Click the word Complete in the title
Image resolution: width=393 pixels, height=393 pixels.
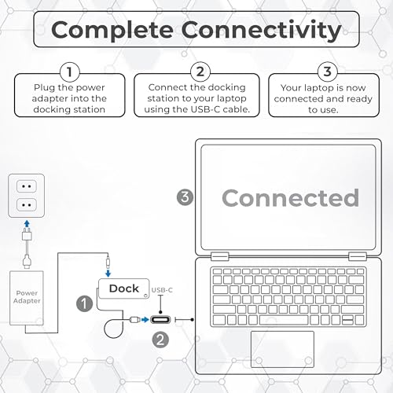click(112, 31)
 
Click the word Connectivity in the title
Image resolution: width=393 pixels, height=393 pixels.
click(261, 31)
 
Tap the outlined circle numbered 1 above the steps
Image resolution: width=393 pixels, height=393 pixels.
click(70, 72)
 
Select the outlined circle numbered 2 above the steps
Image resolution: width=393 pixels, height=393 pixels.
click(200, 72)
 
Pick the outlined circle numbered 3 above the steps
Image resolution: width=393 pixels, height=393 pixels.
click(328, 72)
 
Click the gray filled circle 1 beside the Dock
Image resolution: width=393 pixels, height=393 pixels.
click(84, 303)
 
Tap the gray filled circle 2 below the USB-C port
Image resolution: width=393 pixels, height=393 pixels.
click(160, 340)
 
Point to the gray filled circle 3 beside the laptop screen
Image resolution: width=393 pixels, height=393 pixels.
click(185, 197)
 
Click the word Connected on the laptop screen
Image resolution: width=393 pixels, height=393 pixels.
click(290, 198)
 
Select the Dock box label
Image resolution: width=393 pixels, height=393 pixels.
click(124, 288)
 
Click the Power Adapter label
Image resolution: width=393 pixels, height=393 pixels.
click(27, 297)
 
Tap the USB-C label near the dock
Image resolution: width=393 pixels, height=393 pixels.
click(162, 290)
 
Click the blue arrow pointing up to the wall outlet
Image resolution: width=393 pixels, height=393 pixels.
click(27, 224)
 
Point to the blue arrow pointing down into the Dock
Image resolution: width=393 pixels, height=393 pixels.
click(108, 274)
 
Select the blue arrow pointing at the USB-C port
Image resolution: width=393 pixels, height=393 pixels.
click(145, 320)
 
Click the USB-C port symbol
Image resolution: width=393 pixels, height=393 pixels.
click(160, 320)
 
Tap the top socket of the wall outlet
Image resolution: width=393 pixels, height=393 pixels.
click(27, 186)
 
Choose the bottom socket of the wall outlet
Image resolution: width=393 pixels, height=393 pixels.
click(27, 204)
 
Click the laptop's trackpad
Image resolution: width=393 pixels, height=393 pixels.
click(282, 349)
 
